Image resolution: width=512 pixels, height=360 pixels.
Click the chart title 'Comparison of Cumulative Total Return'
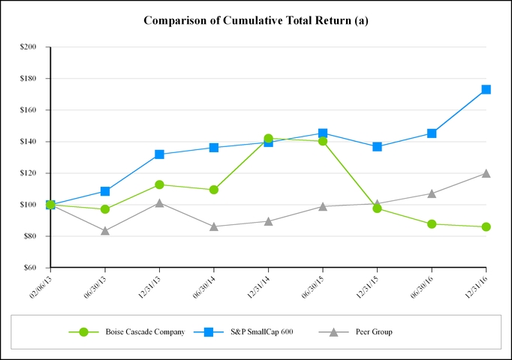click(x=255, y=20)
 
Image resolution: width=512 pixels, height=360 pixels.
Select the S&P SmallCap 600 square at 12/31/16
click(x=486, y=89)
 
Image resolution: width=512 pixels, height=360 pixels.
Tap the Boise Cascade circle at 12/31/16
click(x=486, y=226)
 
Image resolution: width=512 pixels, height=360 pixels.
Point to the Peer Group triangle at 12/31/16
click(x=486, y=173)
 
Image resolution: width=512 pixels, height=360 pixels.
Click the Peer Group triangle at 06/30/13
click(x=105, y=230)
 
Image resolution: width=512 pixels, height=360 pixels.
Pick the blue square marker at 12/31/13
click(x=159, y=154)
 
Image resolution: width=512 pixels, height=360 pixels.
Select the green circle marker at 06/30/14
click(x=214, y=190)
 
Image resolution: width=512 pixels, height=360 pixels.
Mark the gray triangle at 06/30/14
click(x=214, y=226)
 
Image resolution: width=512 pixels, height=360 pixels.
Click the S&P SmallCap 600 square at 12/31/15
click(x=377, y=147)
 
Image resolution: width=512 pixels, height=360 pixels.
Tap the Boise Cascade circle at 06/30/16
click(x=432, y=223)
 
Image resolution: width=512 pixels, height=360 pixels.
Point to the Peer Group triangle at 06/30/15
click(x=323, y=206)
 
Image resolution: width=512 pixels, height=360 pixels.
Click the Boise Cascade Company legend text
click(x=144, y=331)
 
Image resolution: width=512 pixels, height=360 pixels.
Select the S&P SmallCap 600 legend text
click(x=261, y=331)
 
